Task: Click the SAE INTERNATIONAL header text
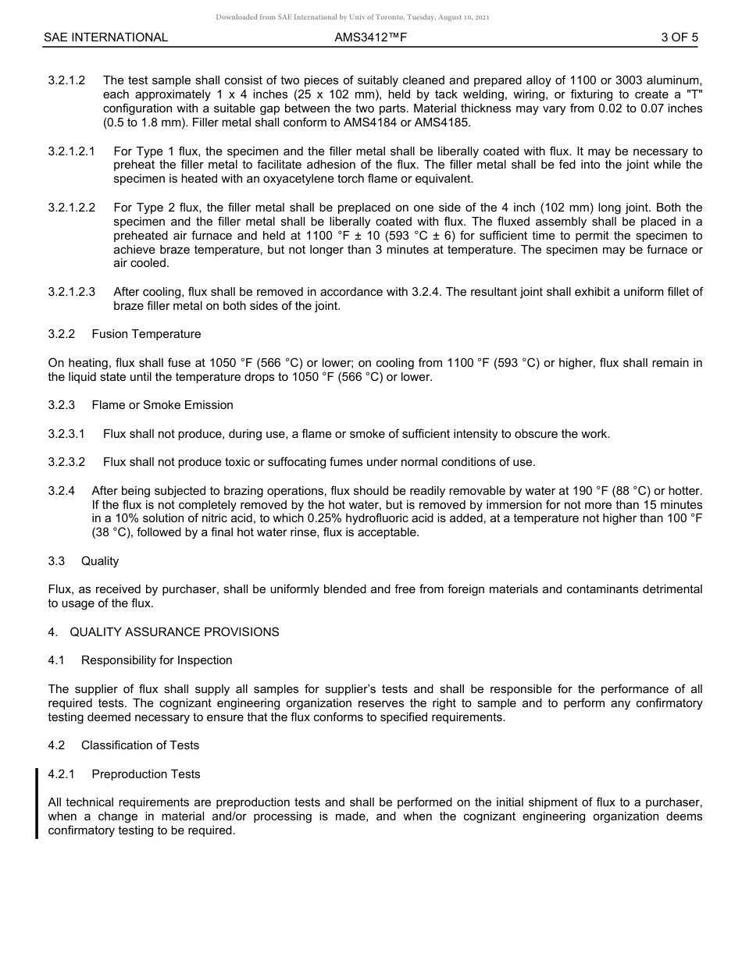105,37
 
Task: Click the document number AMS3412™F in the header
371,37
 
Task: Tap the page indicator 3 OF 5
679,37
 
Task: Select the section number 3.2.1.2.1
71,151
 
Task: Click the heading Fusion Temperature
146,334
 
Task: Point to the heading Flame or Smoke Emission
162,405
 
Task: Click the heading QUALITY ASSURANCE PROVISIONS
174,632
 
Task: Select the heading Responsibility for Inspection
156,660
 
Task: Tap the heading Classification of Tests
140,745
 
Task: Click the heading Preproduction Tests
146,774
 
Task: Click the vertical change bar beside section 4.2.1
37,803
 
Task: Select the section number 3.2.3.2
66,462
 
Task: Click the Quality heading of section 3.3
100,561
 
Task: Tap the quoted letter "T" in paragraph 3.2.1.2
693,94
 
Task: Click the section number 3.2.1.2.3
71,292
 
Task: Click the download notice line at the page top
353,17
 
